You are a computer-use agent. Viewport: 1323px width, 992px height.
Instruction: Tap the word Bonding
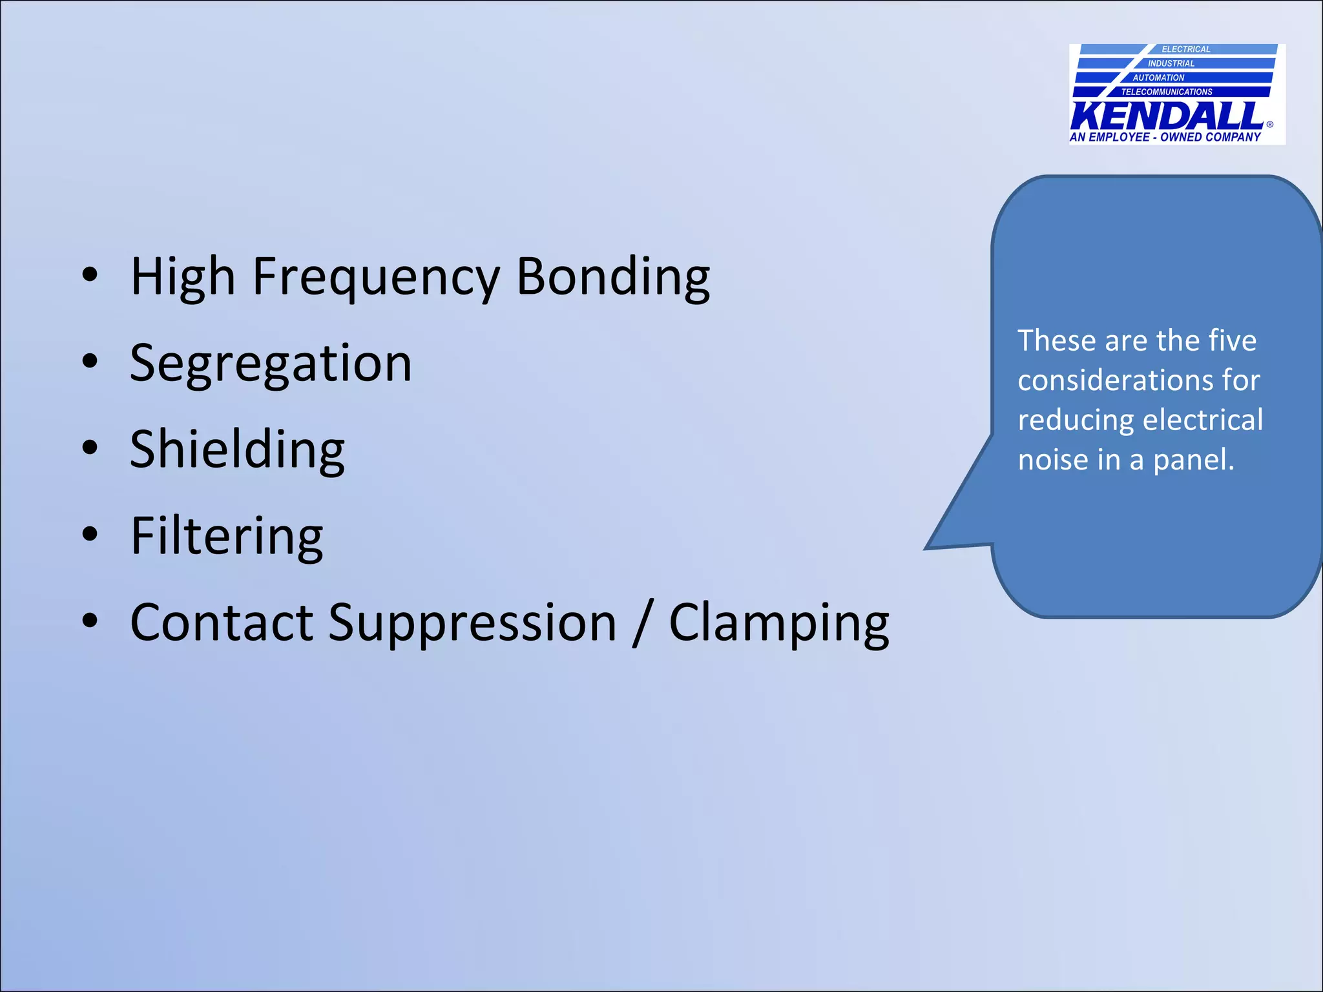613,278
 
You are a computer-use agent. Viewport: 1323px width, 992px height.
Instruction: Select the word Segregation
271,364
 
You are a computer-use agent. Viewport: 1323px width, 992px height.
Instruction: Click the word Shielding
237,450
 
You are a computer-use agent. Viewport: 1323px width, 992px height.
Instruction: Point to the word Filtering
226,536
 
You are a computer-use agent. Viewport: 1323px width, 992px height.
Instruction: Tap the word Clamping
778,623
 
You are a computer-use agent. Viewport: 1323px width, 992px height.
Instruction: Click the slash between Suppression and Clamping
642,623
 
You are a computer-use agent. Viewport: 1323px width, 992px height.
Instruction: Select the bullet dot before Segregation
90,362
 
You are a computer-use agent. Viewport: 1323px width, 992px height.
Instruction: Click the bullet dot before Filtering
90,534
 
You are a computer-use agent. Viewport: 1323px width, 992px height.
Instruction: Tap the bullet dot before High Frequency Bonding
90,275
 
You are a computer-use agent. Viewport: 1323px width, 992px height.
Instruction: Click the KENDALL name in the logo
1167,116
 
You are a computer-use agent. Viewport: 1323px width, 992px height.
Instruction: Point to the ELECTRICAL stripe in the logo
1185,49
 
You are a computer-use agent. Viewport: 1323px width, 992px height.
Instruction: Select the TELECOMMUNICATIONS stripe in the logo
1167,92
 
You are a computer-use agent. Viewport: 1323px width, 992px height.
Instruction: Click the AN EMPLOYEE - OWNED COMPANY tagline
1165,137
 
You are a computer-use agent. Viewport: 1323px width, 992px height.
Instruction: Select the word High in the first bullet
182,278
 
